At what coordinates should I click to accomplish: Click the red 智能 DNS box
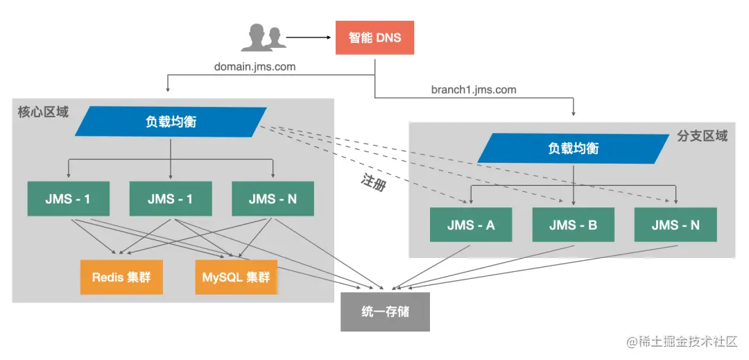click(x=374, y=37)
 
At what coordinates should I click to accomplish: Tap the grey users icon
click(x=264, y=37)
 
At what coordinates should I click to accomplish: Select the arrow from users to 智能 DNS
click(x=309, y=37)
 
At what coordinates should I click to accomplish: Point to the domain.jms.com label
click(x=255, y=67)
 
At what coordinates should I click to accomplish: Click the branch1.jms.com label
click(x=474, y=89)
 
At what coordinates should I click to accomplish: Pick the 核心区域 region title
click(x=43, y=112)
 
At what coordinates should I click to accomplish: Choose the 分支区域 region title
click(x=702, y=136)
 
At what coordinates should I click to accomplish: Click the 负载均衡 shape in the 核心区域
click(x=171, y=121)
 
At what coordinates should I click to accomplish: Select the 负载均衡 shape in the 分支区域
click(x=573, y=148)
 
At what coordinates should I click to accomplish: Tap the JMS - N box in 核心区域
click(x=273, y=198)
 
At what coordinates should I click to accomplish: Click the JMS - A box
click(x=471, y=225)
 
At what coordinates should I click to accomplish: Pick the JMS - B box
click(x=573, y=225)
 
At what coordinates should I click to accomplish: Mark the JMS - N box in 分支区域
click(x=675, y=225)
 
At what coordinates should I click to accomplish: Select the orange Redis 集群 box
click(x=121, y=277)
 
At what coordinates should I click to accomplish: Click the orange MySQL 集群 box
click(x=236, y=277)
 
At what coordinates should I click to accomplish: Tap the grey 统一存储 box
click(x=385, y=311)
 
